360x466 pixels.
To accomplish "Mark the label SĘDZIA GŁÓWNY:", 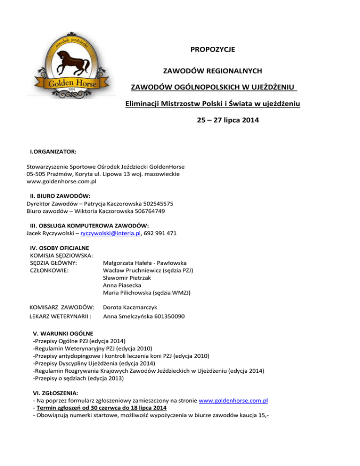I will coord(53,263).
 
